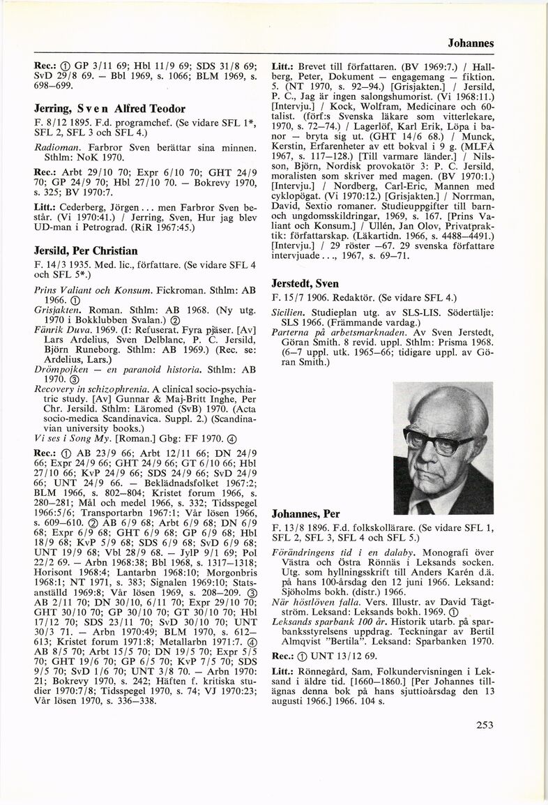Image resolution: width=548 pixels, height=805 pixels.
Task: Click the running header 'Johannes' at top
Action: pos(471,43)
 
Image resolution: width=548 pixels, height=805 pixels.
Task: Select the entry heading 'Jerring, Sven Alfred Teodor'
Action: pos(99,109)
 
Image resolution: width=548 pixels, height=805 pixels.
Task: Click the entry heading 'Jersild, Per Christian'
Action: pos(85,250)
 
